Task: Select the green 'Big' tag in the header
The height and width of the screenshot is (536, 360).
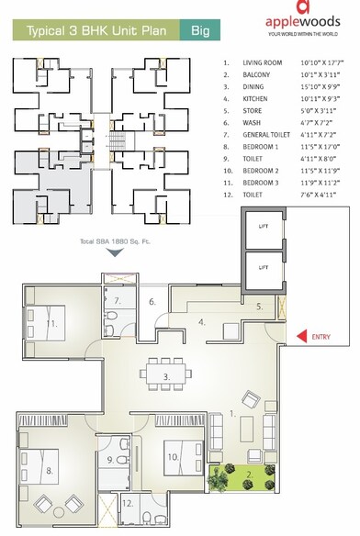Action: [198, 31]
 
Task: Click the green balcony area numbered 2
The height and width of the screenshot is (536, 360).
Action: [246, 476]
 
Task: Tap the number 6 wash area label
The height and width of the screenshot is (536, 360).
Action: [153, 301]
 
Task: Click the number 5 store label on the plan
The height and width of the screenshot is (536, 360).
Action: [260, 307]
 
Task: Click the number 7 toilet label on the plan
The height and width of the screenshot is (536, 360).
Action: [118, 301]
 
